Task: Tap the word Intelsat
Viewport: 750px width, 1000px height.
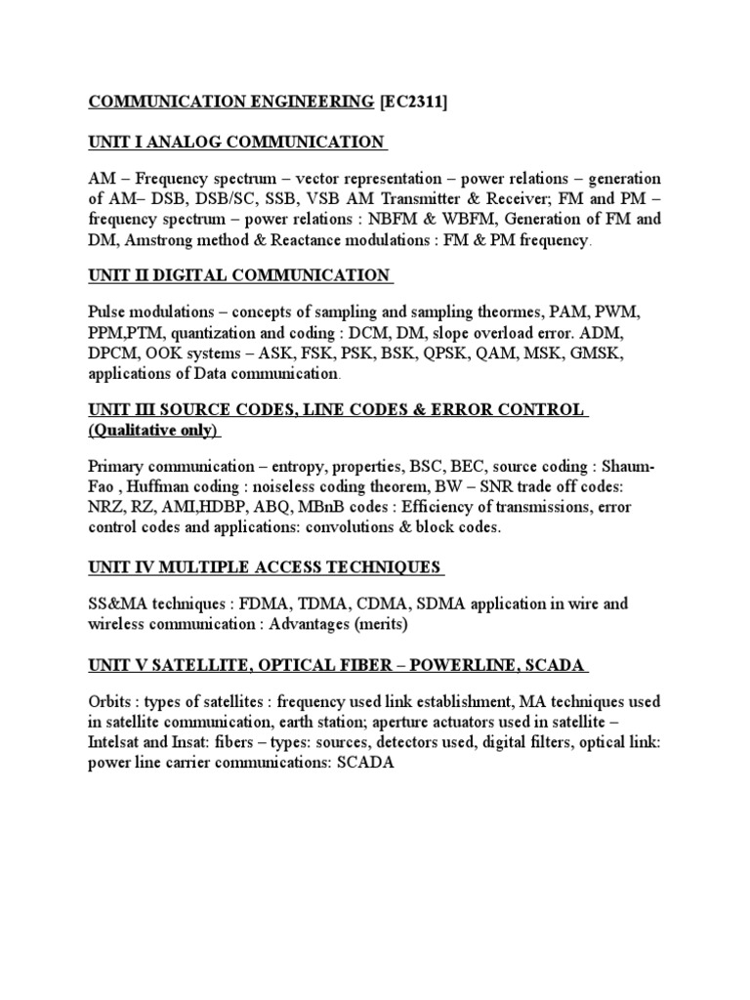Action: (x=120, y=743)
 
